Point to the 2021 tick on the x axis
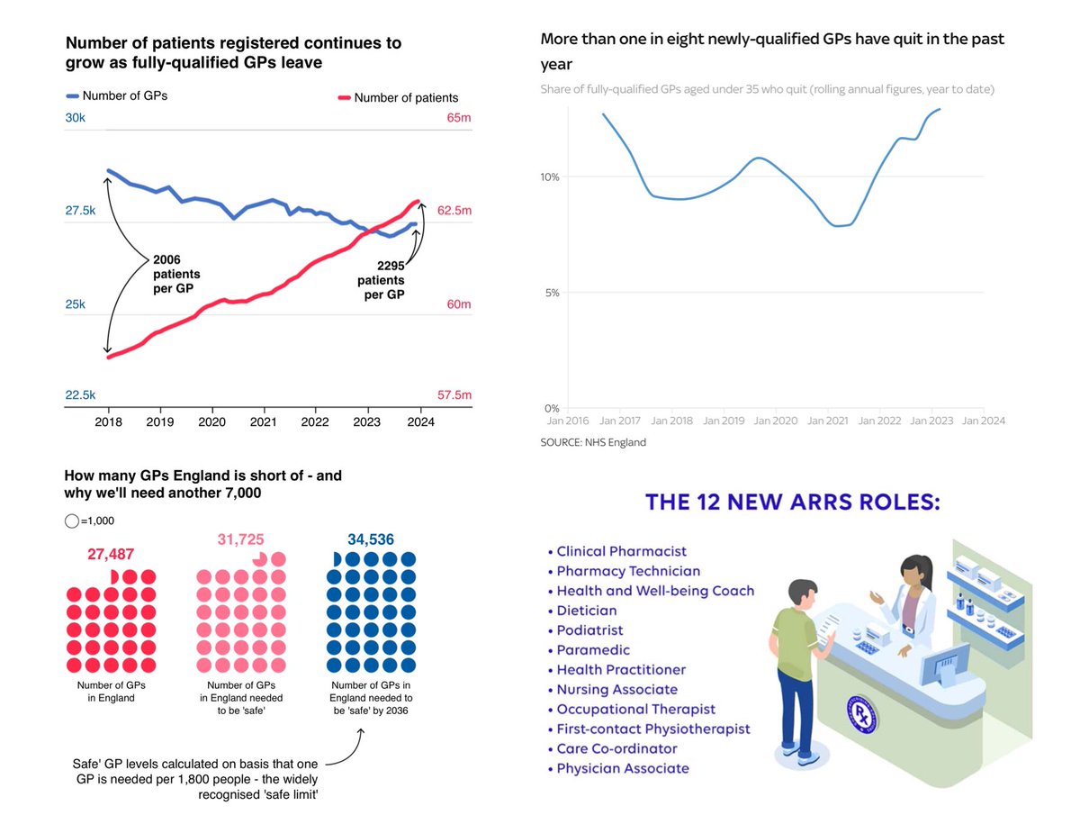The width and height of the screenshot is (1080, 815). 263,421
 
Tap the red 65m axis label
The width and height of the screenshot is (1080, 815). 458,118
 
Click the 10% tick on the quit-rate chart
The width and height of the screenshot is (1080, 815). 550,177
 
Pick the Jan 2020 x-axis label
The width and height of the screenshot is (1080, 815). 774,421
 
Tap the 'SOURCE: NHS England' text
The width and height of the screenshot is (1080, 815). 593,442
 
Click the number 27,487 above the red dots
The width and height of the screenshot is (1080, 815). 112,555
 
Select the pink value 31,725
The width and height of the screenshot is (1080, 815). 241,539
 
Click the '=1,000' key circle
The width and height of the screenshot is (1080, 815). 72,521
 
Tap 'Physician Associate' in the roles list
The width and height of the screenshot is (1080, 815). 623,768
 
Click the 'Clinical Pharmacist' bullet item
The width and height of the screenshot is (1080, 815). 621,551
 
